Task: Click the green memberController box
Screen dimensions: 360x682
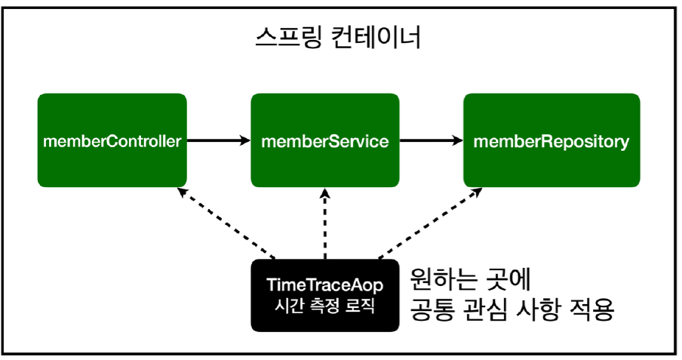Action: [112, 140]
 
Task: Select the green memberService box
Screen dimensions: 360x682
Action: [324, 140]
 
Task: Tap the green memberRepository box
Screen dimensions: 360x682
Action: [551, 140]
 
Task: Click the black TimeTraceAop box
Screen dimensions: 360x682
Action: [324, 295]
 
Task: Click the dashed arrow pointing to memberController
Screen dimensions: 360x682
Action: [226, 222]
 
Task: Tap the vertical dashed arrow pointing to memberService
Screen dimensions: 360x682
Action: [324, 223]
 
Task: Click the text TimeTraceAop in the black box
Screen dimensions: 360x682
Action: [324, 285]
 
